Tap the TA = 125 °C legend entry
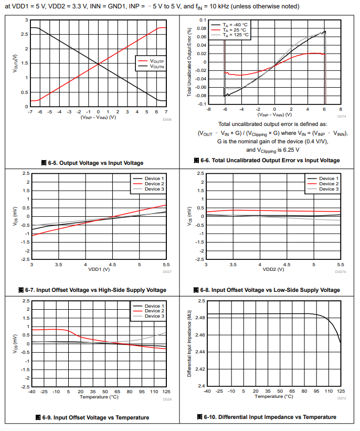click(x=235, y=35)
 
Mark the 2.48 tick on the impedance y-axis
click(x=200, y=318)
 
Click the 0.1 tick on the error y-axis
click(x=202, y=19)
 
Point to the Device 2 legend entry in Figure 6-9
click(x=154, y=311)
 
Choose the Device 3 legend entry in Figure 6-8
click(x=329, y=189)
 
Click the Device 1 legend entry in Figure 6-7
click(x=154, y=178)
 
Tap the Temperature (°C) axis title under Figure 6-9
click(x=99, y=397)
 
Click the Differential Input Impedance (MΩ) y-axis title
click(x=189, y=343)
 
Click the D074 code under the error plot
click(x=341, y=116)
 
